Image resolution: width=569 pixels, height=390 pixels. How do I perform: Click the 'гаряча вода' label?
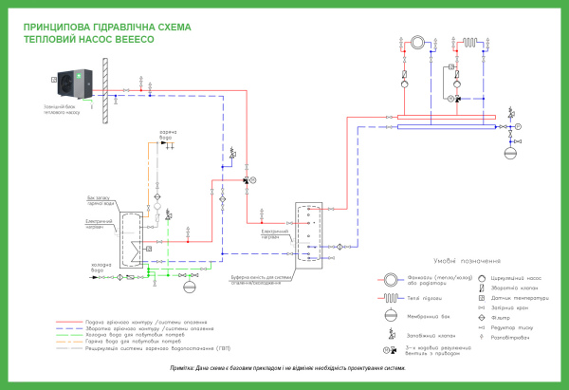coord(168,132)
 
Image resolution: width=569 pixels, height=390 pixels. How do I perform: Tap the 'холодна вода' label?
coord(104,269)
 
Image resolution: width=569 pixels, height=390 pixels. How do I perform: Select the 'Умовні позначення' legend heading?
coord(450,259)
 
